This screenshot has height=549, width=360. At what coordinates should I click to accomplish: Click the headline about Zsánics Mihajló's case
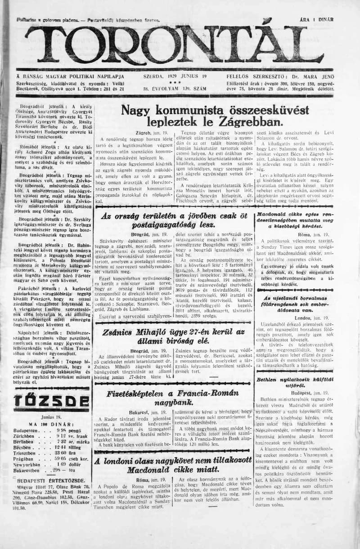click(173, 337)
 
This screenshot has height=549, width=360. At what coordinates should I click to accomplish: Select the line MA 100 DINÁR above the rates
click(46, 424)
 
